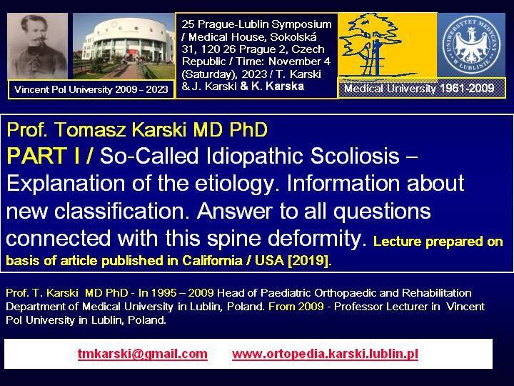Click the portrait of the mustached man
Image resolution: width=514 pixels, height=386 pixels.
pyautogui.click(x=37, y=46)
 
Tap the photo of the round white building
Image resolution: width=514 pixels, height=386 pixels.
pyautogui.click(x=124, y=46)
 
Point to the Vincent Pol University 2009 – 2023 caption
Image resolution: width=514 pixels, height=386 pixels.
pyautogui.click(x=91, y=89)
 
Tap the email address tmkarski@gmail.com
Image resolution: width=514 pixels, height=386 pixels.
pyautogui.click(x=143, y=354)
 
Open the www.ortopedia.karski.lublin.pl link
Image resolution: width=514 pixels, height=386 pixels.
pyautogui.click(x=325, y=354)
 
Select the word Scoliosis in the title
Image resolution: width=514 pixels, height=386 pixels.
pyautogui.click(x=355, y=156)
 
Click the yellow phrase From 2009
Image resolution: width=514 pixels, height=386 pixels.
pyautogui.click(x=296, y=307)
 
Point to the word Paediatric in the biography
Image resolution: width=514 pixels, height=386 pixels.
pyautogui.click(x=286, y=293)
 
